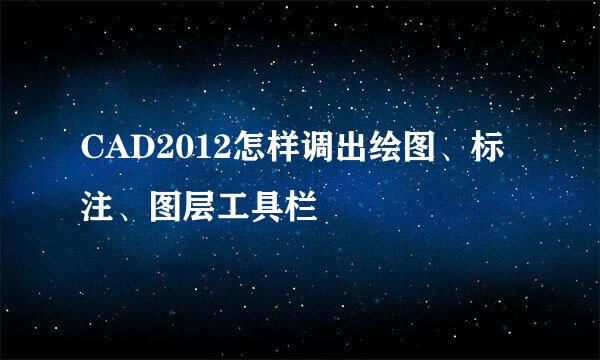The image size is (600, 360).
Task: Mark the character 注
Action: pos(96,207)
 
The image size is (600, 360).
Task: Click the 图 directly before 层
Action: pos(165,207)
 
